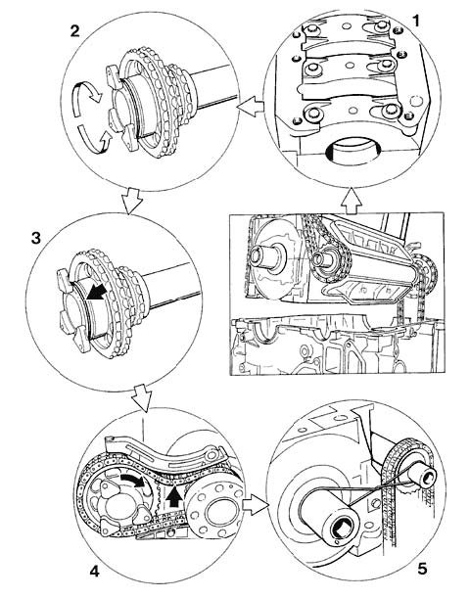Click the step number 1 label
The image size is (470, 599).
click(x=416, y=21)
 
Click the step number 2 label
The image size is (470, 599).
click(x=74, y=31)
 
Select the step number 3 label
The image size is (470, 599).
click(x=35, y=239)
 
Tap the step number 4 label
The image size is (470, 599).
click(x=95, y=572)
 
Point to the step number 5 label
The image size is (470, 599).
click(x=422, y=570)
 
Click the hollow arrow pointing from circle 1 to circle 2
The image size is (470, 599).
click(x=251, y=107)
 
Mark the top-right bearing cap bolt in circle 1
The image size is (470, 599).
click(x=381, y=26)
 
